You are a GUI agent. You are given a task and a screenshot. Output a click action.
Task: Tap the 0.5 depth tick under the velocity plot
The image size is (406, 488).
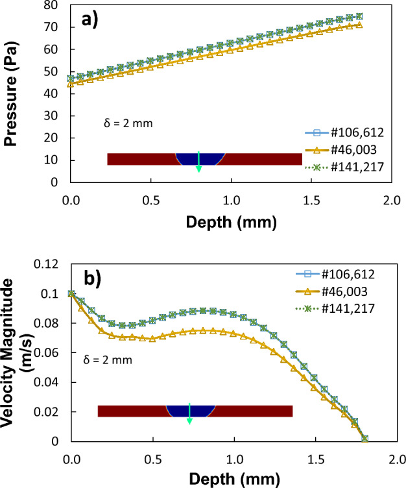pos(152,458)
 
